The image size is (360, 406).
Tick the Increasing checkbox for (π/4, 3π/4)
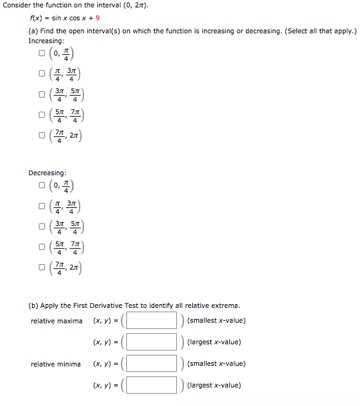point(42,74)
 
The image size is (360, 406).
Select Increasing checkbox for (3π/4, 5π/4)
point(42,95)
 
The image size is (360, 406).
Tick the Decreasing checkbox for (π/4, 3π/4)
point(42,206)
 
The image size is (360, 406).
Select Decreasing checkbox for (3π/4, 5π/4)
point(42,227)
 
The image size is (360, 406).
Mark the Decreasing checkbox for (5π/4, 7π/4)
point(42,248)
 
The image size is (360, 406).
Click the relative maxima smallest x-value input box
point(152,320)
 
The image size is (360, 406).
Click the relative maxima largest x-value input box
point(152,342)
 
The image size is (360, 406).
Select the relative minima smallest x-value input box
point(152,363)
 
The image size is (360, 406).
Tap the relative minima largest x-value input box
point(152,385)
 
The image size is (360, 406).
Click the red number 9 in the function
point(97,18)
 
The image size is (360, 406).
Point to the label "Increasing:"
point(47,41)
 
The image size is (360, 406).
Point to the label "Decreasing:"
point(47,173)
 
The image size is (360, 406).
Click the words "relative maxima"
point(57,321)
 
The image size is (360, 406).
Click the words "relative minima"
point(55,364)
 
